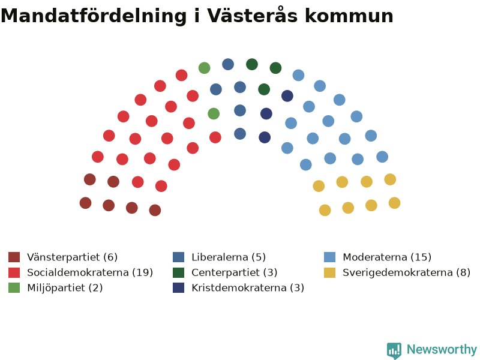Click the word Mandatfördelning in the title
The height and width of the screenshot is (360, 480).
coord(94,16)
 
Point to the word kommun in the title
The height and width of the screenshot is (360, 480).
coord(349,16)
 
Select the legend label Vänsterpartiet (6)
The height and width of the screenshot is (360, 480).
coord(72,257)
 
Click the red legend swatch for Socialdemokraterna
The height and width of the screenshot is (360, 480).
coord(14,272)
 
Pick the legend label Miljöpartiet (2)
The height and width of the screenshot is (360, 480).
coord(65,288)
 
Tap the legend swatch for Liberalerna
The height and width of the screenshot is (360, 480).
coord(178,257)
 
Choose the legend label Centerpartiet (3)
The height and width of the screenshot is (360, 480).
coord(234,272)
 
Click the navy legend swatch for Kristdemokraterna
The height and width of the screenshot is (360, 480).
coord(178,288)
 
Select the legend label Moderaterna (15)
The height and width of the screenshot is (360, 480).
coord(387,257)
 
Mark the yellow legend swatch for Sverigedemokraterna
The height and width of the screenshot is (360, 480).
coord(329,272)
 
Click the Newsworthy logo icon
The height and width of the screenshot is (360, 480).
coord(394,350)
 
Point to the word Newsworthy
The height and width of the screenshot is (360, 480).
coord(442,349)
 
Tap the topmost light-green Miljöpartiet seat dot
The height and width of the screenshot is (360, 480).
coord(204,68)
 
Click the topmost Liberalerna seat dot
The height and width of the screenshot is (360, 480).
coord(228,64)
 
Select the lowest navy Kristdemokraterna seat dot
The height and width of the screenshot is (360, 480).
coord(265,137)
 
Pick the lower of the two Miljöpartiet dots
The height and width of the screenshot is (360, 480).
coord(214,113)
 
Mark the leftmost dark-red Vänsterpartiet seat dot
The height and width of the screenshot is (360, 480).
coord(85,203)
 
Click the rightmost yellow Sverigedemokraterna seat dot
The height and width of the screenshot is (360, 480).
coord(395,203)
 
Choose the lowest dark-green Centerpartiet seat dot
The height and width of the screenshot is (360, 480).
coord(264,89)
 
